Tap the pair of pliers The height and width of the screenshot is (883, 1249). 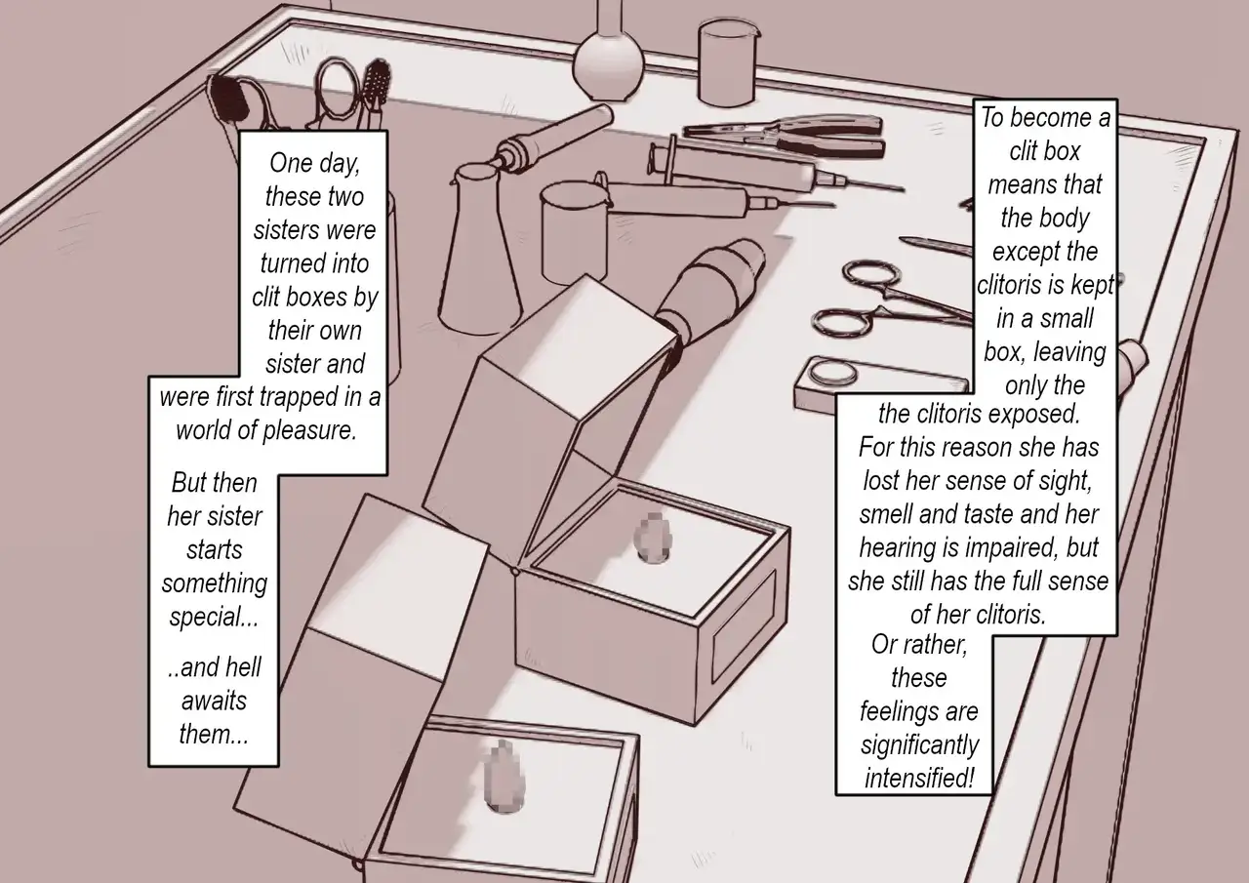[x=784, y=136]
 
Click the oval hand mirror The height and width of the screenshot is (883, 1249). [x=338, y=92]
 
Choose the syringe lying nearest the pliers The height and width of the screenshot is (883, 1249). [x=775, y=166]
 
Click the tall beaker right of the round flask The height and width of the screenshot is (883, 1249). [x=728, y=61]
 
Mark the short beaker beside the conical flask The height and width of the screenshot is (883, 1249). [x=575, y=235]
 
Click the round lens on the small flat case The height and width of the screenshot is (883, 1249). [x=833, y=373]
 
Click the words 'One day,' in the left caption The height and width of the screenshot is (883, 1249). [x=314, y=163]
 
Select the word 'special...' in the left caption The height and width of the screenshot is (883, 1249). [x=214, y=617]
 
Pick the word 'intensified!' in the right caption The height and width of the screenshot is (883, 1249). [x=919, y=778]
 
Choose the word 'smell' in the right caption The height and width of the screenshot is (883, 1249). [x=886, y=514]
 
